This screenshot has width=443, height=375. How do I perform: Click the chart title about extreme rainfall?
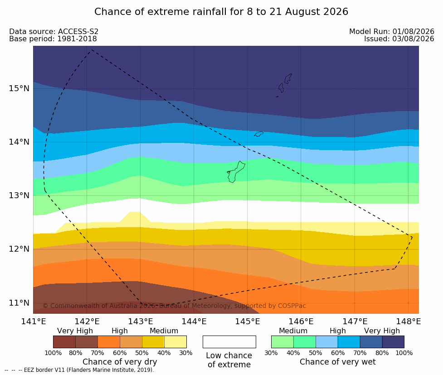(x=221, y=12)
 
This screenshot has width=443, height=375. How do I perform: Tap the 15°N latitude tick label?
(x=19, y=88)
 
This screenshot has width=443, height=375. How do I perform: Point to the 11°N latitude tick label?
(x=19, y=303)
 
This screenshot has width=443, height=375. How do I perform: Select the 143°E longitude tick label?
(x=141, y=321)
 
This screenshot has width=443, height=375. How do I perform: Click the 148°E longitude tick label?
(x=408, y=321)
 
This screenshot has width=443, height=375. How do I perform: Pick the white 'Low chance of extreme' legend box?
(x=229, y=342)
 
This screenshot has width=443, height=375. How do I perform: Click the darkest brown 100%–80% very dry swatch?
(x=64, y=342)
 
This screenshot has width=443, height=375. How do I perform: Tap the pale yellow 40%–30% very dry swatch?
(x=175, y=342)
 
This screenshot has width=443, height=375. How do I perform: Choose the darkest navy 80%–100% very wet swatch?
(x=393, y=342)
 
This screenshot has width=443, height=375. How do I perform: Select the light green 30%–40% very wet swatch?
(x=282, y=342)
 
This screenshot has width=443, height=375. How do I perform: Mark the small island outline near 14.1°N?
(x=258, y=134)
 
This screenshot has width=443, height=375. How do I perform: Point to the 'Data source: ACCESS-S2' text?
(x=54, y=32)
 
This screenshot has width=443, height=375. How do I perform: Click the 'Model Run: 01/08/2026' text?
(x=392, y=32)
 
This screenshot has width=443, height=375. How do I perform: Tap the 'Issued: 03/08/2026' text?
(x=399, y=39)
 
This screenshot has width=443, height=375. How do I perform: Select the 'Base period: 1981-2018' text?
(x=53, y=39)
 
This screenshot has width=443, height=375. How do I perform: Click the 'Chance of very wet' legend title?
(x=338, y=362)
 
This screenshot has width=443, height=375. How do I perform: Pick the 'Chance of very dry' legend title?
(x=120, y=362)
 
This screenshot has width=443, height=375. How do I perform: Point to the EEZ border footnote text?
(x=79, y=370)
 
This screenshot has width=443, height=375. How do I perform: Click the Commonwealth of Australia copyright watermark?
(x=174, y=306)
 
